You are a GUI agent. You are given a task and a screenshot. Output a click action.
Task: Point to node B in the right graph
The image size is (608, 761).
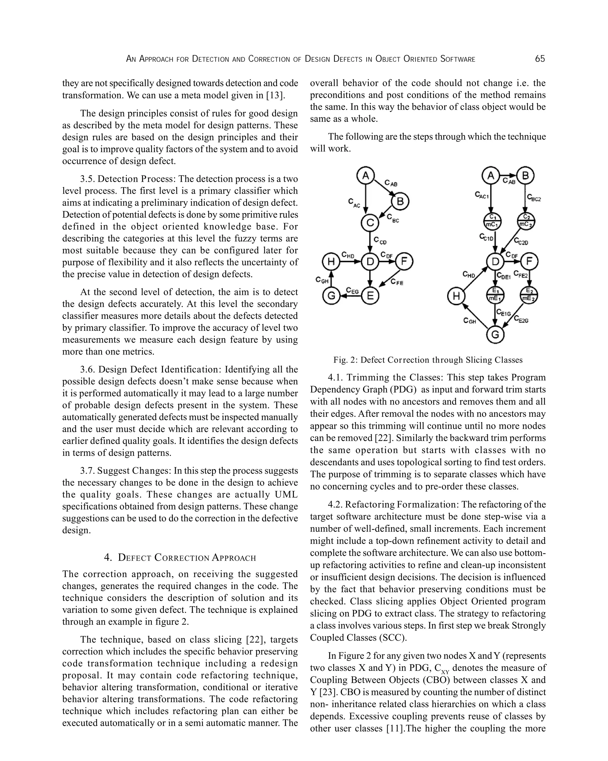[x=525, y=175]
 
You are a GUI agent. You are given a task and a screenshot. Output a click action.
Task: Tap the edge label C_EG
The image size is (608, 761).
[x=352, y=290]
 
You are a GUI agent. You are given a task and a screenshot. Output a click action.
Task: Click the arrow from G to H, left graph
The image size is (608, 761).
[x=331, y=279]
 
